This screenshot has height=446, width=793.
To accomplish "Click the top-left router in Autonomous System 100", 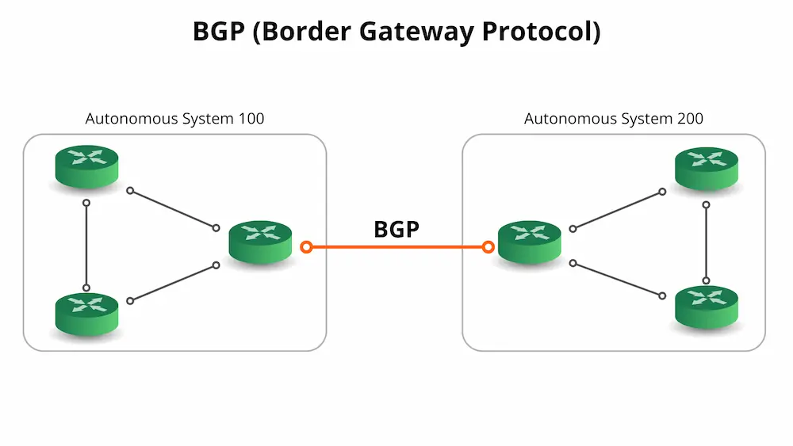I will [86, 164].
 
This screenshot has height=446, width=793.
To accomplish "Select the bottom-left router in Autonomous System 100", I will [86, 312].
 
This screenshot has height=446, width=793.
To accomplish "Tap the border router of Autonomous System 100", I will [260, 240].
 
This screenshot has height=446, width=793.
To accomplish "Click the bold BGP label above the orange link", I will [396, 229].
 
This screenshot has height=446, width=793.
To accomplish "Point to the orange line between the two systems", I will [396, 247].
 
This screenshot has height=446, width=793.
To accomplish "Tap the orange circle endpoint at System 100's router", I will [306, 247].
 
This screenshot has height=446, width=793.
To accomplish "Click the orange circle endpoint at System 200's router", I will [488, 247].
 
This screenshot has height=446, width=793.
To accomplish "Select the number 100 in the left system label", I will [250, 119].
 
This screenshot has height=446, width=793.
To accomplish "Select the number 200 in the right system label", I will [689, 119].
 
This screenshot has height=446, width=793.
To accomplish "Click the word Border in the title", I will [296, 32].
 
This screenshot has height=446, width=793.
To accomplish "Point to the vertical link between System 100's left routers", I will [86, 245].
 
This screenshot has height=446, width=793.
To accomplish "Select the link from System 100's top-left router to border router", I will [173, 209].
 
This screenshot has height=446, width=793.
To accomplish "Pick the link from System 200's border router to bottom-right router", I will [618, 280].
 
